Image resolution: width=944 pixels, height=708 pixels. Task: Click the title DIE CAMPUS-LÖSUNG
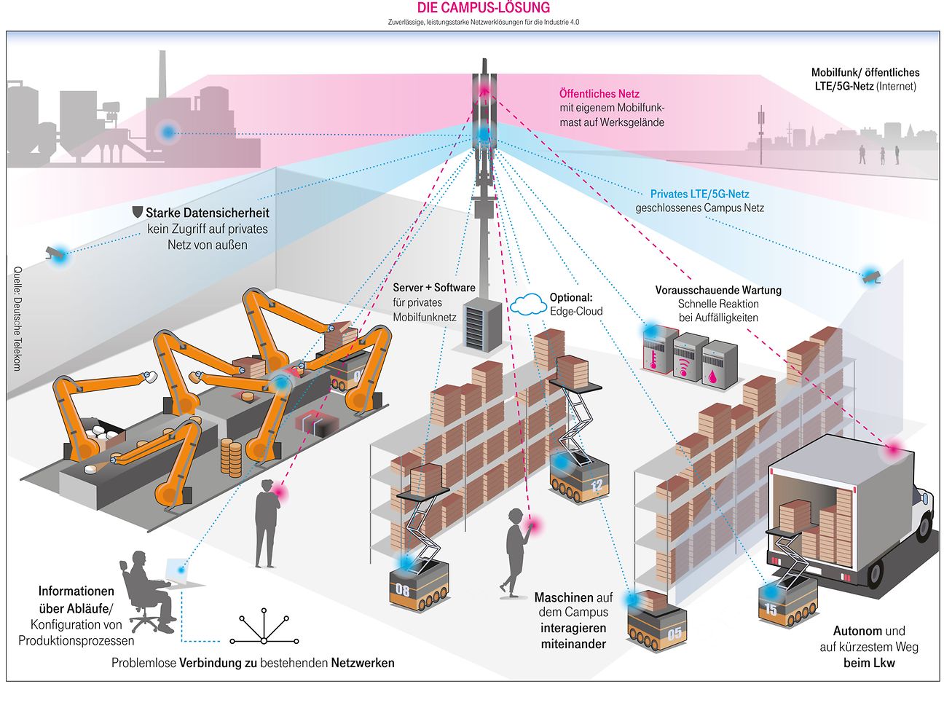point(483,8)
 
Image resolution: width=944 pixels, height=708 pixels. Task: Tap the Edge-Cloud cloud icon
point(528,304)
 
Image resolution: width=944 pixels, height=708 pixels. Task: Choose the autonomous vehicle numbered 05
point(657,626)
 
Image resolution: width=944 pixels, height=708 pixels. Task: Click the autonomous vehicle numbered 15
point(787,603)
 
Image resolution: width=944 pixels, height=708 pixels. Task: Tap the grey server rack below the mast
point(481,322)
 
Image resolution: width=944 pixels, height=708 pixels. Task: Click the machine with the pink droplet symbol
point(719,362)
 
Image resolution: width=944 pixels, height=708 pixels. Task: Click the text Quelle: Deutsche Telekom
point(17,318)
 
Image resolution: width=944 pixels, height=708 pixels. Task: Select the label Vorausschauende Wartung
point(718,290)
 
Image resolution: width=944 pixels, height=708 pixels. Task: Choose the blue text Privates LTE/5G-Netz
point(699,194)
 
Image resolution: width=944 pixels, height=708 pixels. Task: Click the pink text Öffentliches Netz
point(599,94)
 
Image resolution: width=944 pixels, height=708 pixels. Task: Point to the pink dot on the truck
point(893,450)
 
